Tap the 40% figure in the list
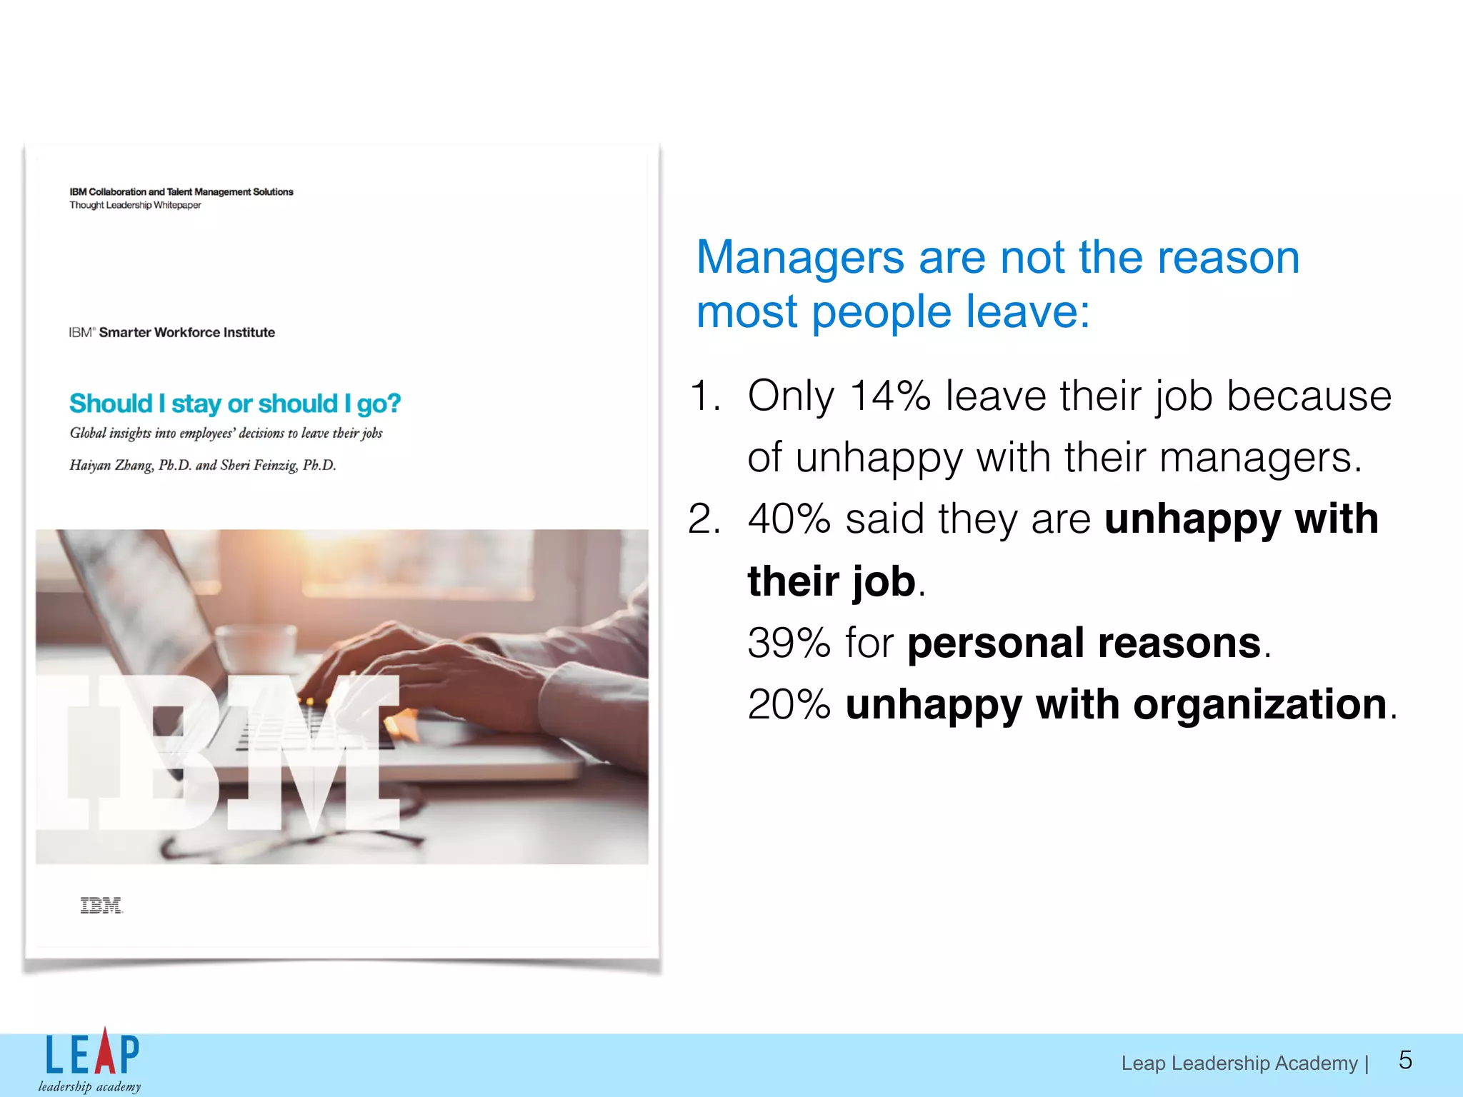pos(789,519)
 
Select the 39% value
pos(789,643)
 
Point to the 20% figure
pos(789,704)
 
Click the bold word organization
pos(1259,704)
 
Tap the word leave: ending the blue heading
pos(1027,312)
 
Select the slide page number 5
pos(1404,1060)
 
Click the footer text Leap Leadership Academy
pos(1239,1063)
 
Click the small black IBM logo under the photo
pos(101,906)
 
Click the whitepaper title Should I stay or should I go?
pos(235,404)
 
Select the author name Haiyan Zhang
pos(111,466)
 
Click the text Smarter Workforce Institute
pos(186,332)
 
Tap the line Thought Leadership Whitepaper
pos(135,205)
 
